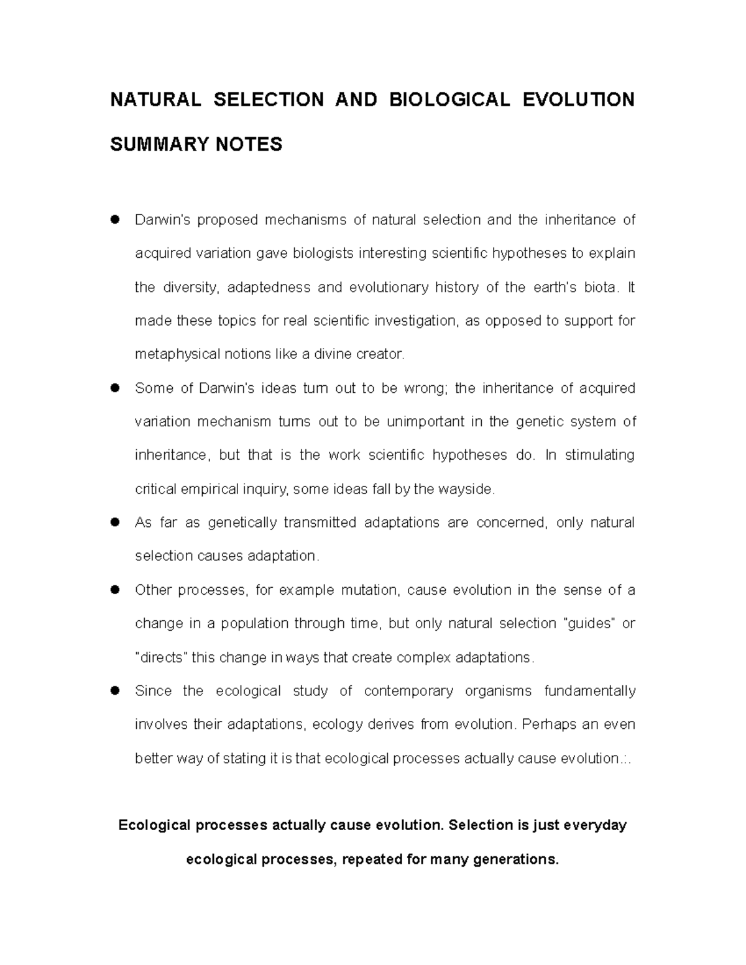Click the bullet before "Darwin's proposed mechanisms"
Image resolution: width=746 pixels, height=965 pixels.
click(x=114, y=220)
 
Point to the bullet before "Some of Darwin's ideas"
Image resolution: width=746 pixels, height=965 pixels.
click(x=114, y=388)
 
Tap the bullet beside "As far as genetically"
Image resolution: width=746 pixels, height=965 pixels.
click(x=114, y=523)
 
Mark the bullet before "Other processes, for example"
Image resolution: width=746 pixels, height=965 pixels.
click(x=114, y=590)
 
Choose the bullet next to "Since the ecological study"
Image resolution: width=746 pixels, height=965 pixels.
click(x=114, y=691)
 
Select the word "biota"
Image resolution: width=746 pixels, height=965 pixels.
click(x=601, y=287)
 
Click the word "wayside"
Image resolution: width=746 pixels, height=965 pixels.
click(x=466, y=489)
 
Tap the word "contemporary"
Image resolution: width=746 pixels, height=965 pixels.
click(x=408, y=691)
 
